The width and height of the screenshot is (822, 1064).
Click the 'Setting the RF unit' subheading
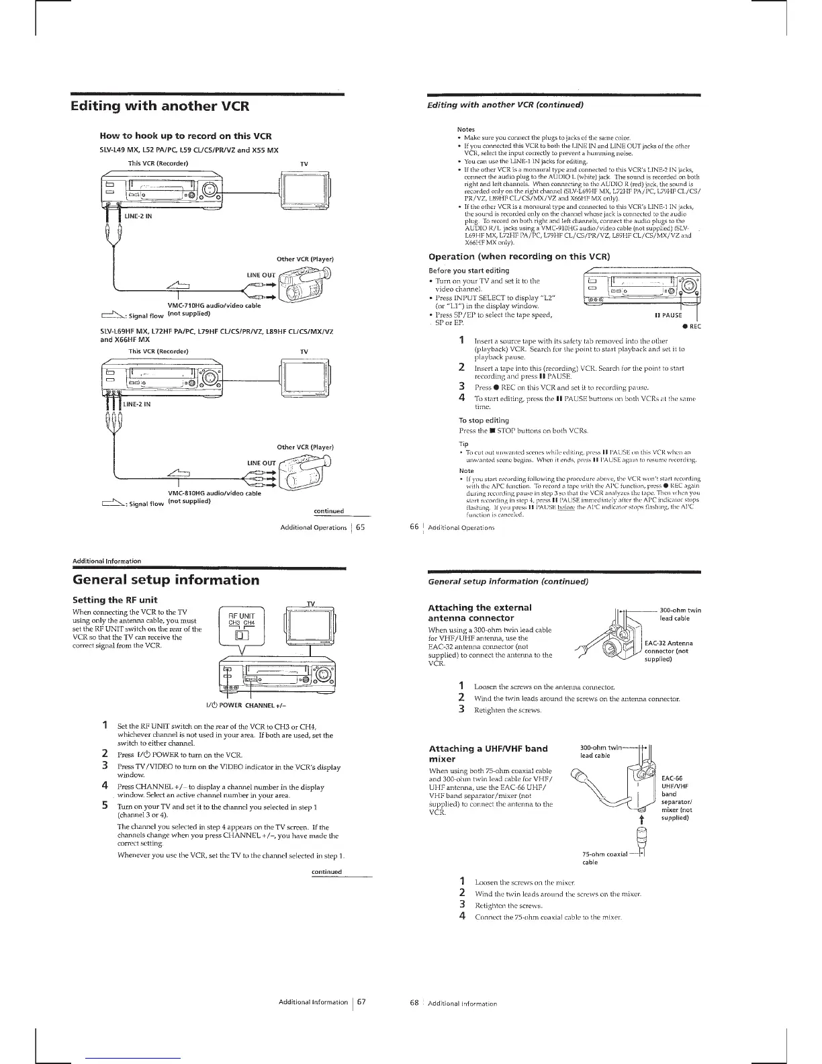tap(115, 600)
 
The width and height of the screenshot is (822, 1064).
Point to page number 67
tap(361, 1002)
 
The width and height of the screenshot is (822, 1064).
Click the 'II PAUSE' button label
tap(668, 315)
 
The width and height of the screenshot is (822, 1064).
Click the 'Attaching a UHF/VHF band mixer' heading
tap(488, 754)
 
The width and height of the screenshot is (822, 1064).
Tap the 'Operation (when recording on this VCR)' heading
tap(519, 257)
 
